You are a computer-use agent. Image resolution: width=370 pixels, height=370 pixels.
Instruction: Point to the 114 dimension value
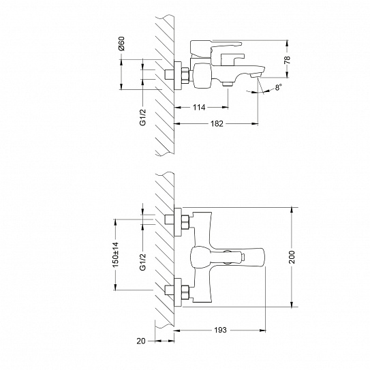click(x=199, y=107)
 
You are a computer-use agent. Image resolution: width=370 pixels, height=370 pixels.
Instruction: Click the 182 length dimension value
click(x=217, y=124)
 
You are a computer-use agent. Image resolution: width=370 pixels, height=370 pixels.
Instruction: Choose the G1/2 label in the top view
click(x=143, y=260)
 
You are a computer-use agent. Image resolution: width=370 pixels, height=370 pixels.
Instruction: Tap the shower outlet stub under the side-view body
click(x=228, y=83)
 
